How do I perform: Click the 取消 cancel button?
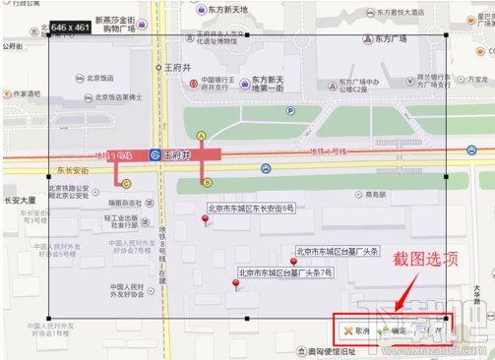point(357,331)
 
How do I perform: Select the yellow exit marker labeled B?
point(207,182)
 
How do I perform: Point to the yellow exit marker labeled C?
point(125,182)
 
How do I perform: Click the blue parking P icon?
point(290,111)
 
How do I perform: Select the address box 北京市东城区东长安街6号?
point(251,209)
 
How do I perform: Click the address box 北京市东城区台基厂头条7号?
point(285,272)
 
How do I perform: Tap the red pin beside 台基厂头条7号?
point(236,285)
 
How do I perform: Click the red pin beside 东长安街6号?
point(205,219)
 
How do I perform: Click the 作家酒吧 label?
point(21,94)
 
